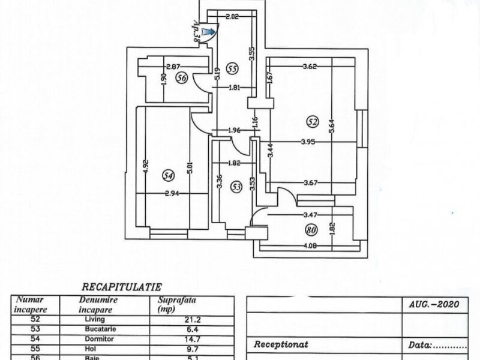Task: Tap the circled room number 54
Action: (169, 175)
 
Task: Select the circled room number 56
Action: (182, 77)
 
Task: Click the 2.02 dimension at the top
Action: (232, 17)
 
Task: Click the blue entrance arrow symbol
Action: (208, 31)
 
